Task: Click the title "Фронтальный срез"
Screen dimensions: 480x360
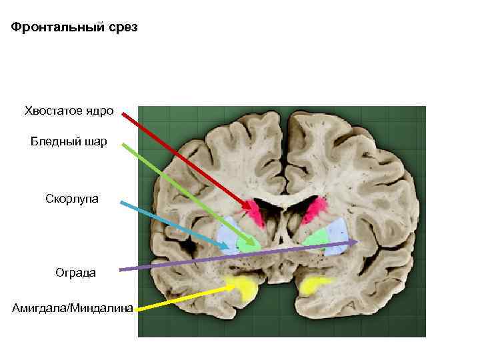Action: pos(75,29)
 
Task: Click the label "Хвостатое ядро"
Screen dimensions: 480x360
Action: pos(69,110)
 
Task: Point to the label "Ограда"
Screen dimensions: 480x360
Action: pos(75,272)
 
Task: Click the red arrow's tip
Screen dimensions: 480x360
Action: pos(259,208)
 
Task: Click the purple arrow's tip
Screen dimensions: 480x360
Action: pos(359,241)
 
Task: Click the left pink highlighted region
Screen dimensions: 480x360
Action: pos(254,211)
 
